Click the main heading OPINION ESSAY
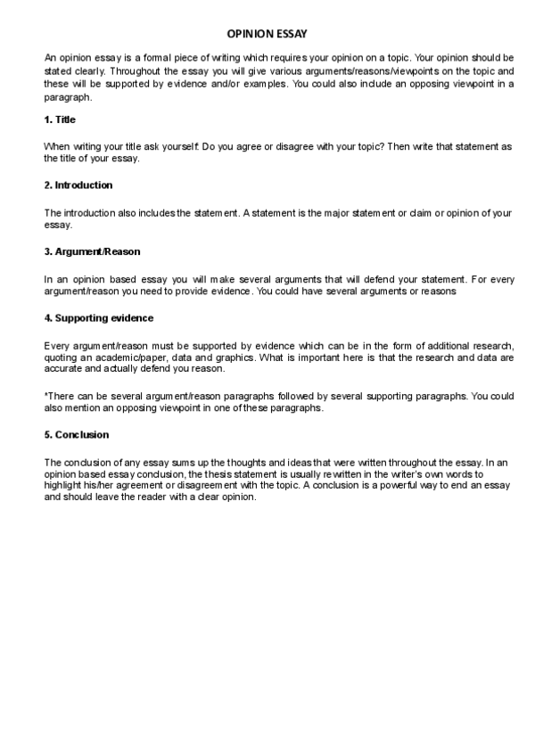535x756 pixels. pos(267,33)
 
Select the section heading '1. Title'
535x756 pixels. pos(60,119)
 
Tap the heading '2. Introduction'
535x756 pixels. pos(78,185)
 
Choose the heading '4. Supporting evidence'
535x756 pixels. pos(98,317)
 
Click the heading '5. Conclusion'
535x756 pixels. pos(77,435)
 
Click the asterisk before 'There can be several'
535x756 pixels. pos(45,395)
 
